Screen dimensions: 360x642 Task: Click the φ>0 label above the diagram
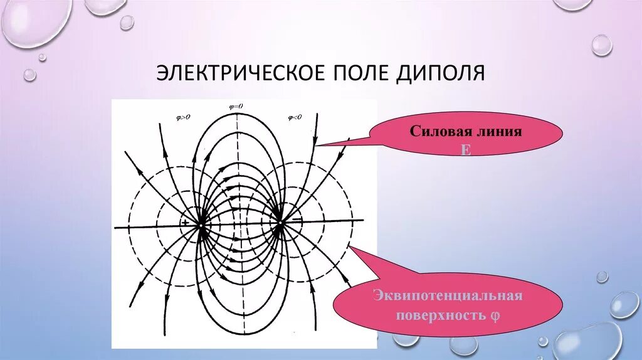[186, 117]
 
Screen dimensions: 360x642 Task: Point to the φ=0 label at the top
[236, 107]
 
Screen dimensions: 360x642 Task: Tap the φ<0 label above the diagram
[294, 117]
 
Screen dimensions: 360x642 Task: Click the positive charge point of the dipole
[202, 223]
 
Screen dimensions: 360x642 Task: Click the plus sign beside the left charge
[186, 222]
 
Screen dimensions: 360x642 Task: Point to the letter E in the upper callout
[466, 151]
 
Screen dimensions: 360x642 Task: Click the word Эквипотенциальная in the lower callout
[448, 295]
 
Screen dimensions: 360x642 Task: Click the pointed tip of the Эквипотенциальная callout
[349, 246]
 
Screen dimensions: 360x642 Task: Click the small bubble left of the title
[29, 75]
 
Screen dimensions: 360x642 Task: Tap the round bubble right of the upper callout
[601, 45]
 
